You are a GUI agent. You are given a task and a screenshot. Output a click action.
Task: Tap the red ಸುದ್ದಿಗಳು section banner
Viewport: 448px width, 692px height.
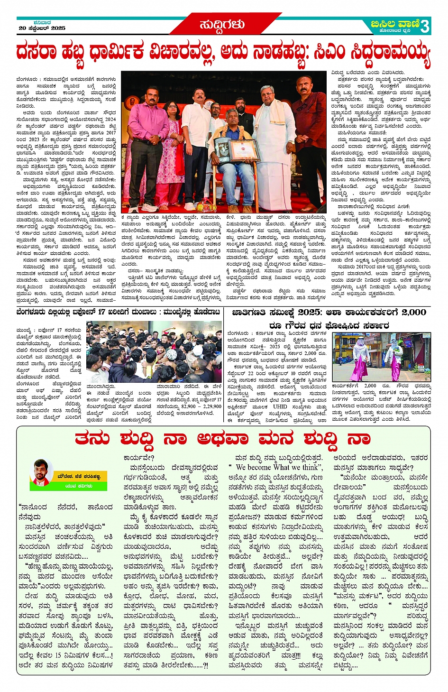coord(223,24)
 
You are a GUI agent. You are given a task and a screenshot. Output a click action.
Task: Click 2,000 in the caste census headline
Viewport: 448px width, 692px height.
coord(413,313)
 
